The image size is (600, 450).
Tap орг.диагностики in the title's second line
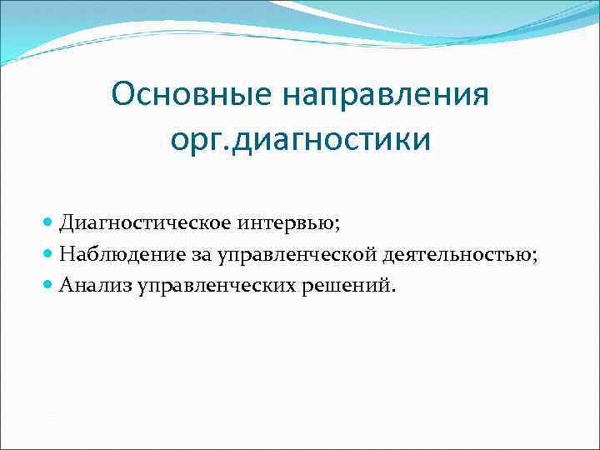click(301, 139)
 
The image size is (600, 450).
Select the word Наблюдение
click(117, 255)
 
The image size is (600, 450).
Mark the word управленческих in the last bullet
click(219, 287)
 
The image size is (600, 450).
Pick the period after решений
click(396, 292)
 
